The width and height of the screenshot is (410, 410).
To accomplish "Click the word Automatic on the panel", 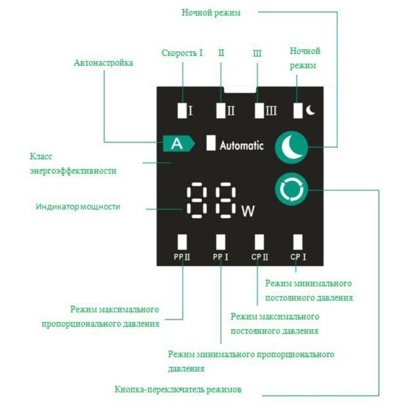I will pyautogui.click(x=242, y=146).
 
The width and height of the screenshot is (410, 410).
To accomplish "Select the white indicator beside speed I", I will pyautogui.click(x=182, y=110).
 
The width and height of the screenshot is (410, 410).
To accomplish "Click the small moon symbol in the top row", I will pyautogui.click(x=310, y=110).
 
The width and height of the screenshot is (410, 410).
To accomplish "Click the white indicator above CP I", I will pyautogui.click(x=298, y=241).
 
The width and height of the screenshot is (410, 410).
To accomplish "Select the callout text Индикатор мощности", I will pyautogui.click(x=78, y=207).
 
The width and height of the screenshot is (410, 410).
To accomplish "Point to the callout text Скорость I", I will pyautogui.click(x=182, y=53).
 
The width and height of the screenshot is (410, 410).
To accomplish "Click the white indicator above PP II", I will pyautogui.click(x=182, y=241).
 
